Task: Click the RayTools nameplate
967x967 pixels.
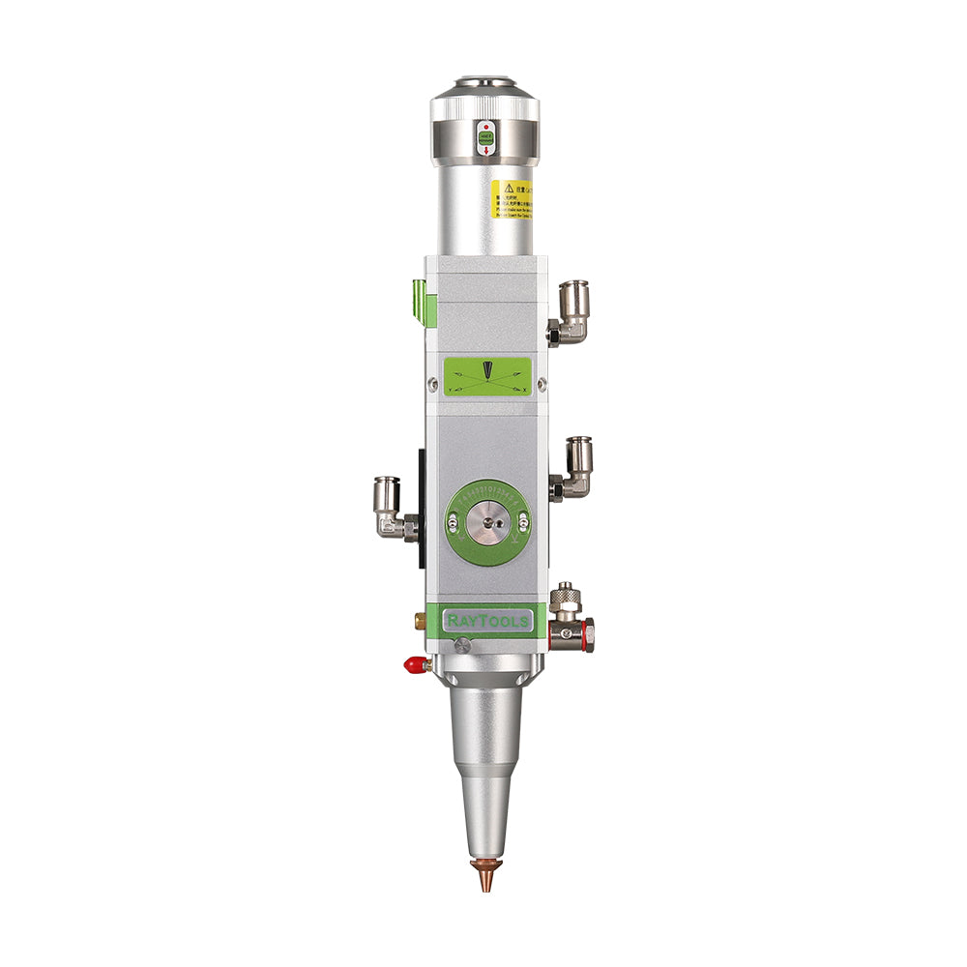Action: pyautogui.click(x=486, y=620)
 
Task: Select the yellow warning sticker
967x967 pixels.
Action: pyautogui.click(x=508, y=198)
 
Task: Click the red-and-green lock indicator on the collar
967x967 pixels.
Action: pyautogui.click(x=486, y=138)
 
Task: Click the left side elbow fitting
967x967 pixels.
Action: pyautogui.click(x=391, y=507)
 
